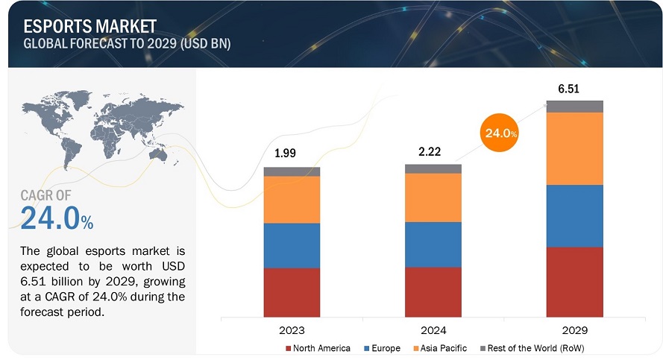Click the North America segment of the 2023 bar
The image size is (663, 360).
292,292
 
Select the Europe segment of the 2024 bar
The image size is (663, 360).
433,244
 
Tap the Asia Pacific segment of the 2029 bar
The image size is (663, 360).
575,148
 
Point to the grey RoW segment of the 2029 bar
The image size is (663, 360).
575,106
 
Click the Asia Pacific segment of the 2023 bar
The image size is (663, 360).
292,199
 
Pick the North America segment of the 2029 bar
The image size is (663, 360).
575,282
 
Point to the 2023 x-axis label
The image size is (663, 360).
292,329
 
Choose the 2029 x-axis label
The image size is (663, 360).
575,329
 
